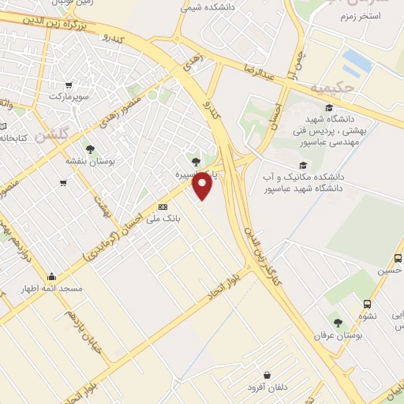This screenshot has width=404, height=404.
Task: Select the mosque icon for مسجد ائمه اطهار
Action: click(52, 276)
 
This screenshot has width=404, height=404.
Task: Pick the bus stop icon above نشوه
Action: click(367, 304)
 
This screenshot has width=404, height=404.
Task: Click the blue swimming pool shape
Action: click(357, 60)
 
